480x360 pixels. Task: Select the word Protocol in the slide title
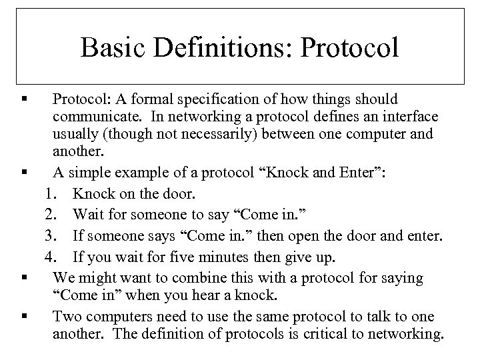[x=345, y=47]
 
